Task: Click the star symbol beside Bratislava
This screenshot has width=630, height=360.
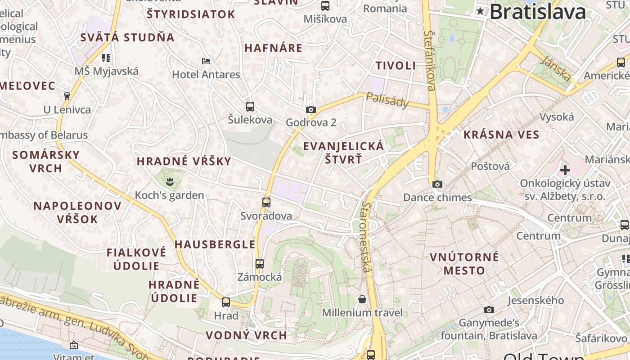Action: pyautogui.click(x=481, y=12)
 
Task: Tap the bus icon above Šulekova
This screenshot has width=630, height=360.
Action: pyautogui.click(x=250, y=107)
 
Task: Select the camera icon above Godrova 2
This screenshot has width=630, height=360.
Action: pyautogui.click(x=310, y=109)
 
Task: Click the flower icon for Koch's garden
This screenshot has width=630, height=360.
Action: pyautogui.click(x=170, y=182)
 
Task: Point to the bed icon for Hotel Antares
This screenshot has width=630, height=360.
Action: pyautogui.click(x=206, y=61)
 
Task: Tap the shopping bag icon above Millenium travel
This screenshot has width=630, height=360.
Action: pyautogui.click(x=362, y=299)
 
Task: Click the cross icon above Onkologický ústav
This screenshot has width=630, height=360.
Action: pyautogui.click(x=565, y=170)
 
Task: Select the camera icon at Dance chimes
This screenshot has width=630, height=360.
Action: pyautogui.click(x=437, y=184)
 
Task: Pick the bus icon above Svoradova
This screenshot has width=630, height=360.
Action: pyautogui.click(x=266, y=202)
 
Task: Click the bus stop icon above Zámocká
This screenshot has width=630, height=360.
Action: pyautogui.click(x=260, y=264)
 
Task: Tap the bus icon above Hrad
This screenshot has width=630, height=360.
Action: pyautogui.click(x=226, y=302)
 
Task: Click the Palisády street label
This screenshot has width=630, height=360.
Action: pyautogui.click(x=387, y=100)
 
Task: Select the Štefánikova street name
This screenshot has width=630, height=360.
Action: pyautogui.click(x=430, y=61)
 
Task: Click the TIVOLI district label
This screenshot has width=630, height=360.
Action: pyautogui.click(x=396, y=66)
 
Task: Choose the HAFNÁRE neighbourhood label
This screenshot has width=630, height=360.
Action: pyautogui.click(x=273, y=48)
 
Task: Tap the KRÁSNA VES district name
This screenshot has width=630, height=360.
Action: pyautogui.click(x=501, y=135)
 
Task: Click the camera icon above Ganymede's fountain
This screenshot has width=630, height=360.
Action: pyautogui.click(x=489, y=310)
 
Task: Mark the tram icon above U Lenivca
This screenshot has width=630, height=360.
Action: pyautogui.click(x=67, y=96)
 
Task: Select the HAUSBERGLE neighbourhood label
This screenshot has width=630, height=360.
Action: pyautogui.click(x=215, y=244)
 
